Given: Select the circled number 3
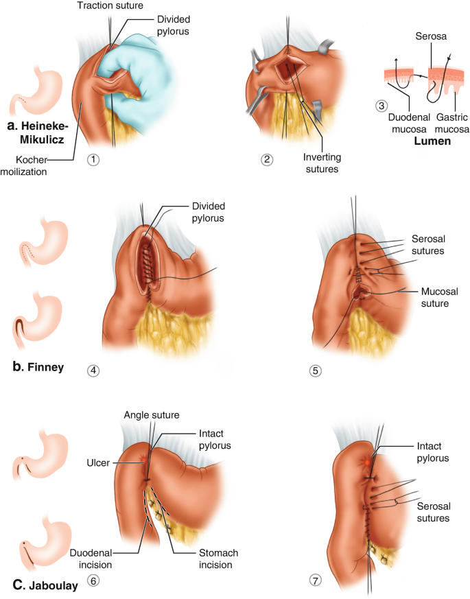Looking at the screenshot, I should pos(381,106).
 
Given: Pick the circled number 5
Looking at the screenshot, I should pos(316,371).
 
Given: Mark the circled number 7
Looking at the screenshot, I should pos(314,580).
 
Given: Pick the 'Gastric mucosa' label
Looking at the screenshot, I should pos(445,122).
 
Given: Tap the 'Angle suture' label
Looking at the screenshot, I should pos(151,414).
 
